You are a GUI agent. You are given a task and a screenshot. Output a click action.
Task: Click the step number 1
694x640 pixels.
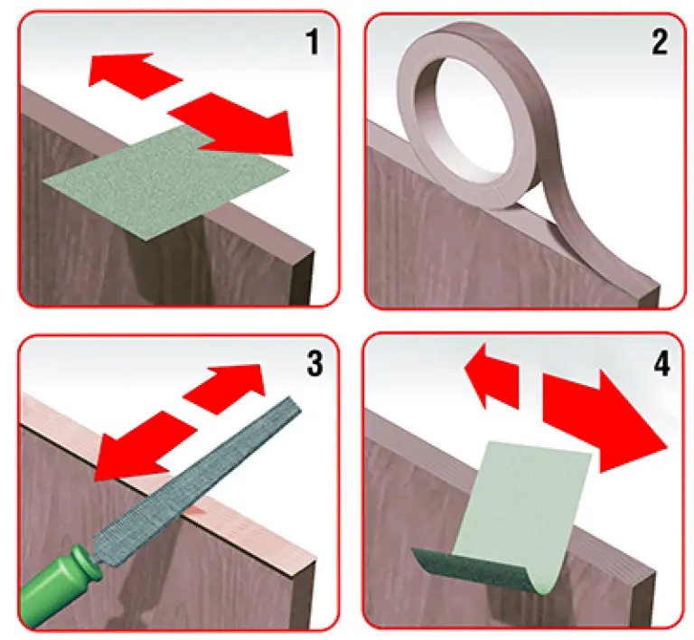[x=313, y=42]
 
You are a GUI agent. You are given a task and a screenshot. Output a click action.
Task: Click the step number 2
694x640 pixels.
[x=660, y=42]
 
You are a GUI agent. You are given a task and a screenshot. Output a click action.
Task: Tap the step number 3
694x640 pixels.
[x=314, y=363]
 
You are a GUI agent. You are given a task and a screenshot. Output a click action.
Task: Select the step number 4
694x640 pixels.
[x=661, y=364]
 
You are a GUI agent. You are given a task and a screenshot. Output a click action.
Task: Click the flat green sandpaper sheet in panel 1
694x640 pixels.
[x=166, y=182]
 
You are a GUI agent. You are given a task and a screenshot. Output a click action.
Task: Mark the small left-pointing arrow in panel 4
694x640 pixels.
[x=492, y=375]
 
